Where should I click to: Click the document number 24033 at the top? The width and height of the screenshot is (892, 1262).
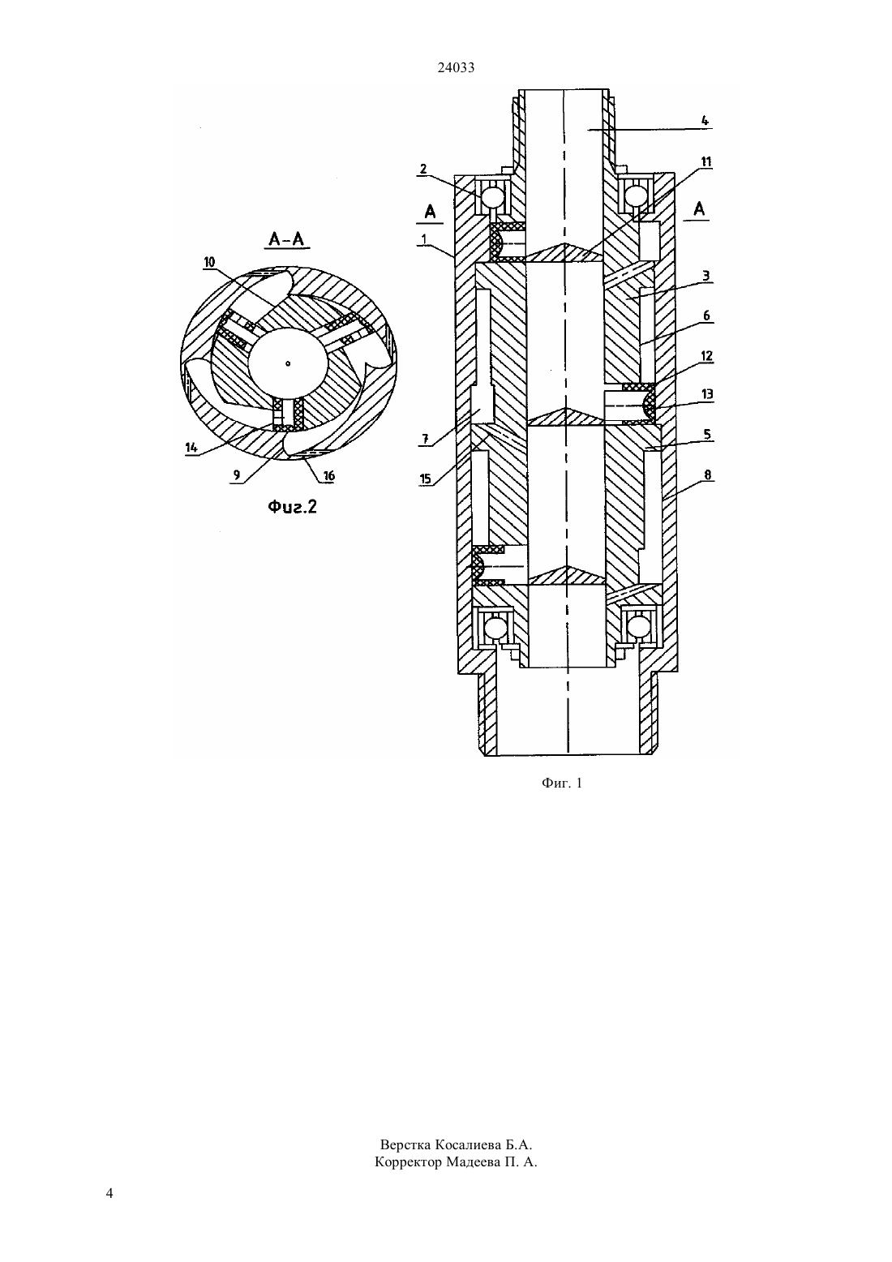pos(456,67)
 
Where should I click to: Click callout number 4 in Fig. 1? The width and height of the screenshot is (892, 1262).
pos(705,120)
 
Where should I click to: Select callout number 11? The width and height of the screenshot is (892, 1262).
pos(705,161)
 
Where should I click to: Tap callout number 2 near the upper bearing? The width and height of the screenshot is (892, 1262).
pos(423,169)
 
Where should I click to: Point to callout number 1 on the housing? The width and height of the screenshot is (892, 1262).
pos(423,238)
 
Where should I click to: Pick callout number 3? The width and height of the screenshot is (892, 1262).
pos(706,276)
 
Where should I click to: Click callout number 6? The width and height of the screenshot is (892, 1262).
pos(706,316)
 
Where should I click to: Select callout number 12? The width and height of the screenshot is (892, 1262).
pos(706,356)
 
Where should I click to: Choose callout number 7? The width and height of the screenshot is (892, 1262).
pos(425,438)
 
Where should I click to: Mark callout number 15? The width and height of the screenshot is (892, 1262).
pos(425,479)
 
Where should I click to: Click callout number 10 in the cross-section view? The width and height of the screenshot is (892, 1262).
pos(209,262)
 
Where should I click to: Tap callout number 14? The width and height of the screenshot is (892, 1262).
pos(191,448)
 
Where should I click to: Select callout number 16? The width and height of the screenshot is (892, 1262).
pos(328,476)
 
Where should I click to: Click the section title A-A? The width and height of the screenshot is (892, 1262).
pos(286,239)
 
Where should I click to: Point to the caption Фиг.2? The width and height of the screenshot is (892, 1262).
pos(292,507)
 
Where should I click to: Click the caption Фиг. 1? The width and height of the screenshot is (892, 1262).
pos(561,783)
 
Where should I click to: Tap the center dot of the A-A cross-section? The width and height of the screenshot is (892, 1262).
pos(288,363)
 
